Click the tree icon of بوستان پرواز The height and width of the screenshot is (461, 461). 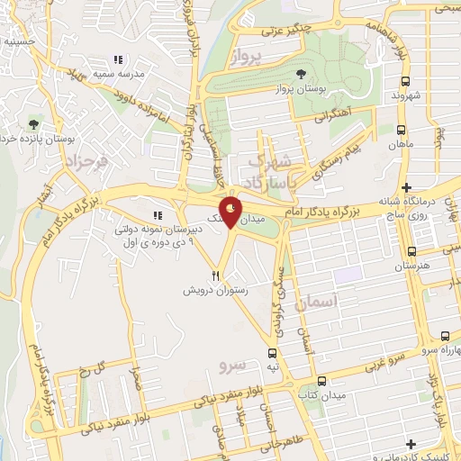tap(300, 74)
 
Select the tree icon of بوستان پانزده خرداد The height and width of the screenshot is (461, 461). tap(34, 124)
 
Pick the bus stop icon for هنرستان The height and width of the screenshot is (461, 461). tap(411, 252)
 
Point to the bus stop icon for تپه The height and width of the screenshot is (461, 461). tap(272, 354)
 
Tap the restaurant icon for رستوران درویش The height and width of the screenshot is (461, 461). tap(215, 275)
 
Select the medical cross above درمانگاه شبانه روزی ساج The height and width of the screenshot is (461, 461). tap(407, 186)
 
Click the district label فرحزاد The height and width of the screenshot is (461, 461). tap(86, 163)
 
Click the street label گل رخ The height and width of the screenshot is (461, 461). tap(95, 372)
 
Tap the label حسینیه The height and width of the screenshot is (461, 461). tap(18, 41)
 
